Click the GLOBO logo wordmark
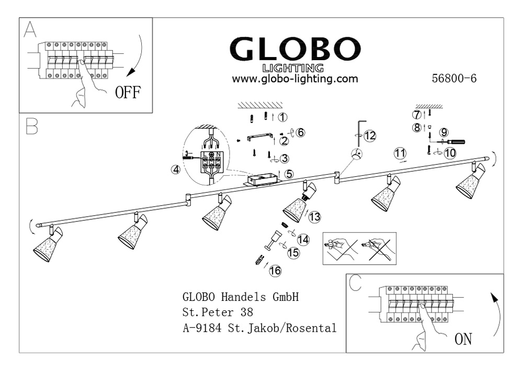pyautogui.click(x=295, y=49)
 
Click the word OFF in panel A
pyautogui.click(x=128, y=94)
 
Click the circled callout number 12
pyautogui.click(x=370, y=136)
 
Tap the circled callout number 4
pyautogui.click(x=176, y=170)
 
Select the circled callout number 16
pyautogui.click(x=275, y=271)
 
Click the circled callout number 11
pyautogui.click(x=400, y=153)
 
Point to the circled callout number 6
pyautogui.click(x=300, y=132)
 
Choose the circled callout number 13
pyautogui.click(x=314, y=216)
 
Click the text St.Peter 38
pyautogui.click(x=218, y=313)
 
